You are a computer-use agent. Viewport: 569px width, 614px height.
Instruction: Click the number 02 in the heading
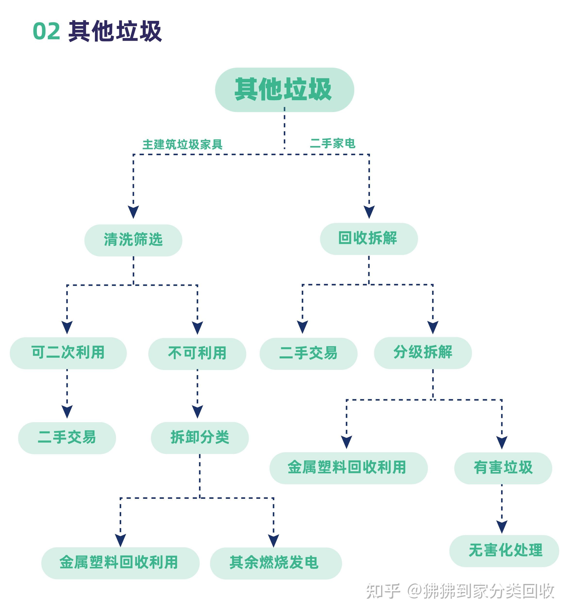tap(46, 31)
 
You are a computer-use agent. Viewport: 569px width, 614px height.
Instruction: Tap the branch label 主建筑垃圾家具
tap(182, 144)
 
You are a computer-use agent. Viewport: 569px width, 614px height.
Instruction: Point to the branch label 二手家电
tap(333, 143)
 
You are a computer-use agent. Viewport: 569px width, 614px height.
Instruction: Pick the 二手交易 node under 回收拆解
tap(308, 353)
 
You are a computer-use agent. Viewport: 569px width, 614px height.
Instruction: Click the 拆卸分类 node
tap(200, 437)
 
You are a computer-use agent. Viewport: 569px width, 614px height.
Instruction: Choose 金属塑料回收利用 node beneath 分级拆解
tap(348, 468)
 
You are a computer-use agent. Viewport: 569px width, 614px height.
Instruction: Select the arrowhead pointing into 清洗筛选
tap(133, 212)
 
